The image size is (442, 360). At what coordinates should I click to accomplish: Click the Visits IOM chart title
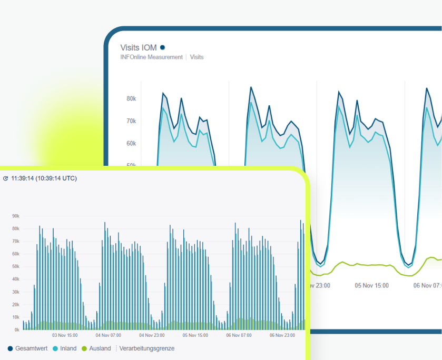[139, 48]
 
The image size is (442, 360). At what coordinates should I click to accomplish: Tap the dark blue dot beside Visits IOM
[163, 48]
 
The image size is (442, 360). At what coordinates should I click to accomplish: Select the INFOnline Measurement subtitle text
[152, 57]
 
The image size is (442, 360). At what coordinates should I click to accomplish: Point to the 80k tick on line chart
[131, 98]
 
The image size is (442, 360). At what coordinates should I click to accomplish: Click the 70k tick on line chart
[131, 121]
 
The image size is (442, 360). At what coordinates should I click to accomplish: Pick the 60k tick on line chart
[131, 143]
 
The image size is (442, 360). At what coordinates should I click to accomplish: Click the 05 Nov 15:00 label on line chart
[371, 285]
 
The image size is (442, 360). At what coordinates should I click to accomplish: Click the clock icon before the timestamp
[6, 178]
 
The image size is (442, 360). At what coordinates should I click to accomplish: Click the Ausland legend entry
[96, 348]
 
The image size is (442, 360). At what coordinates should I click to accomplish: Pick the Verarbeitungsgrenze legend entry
[146, 348]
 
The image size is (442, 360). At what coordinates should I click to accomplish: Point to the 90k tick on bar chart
[16, 216]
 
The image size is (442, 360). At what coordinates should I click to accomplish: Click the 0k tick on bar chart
[17, 330]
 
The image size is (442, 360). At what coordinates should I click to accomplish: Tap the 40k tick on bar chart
[16, 279]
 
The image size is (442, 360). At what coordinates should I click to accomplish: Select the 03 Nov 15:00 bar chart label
[65, 335]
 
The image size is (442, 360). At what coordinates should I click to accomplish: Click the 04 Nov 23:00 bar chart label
[152, 335]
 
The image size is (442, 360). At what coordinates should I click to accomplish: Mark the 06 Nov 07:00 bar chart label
[239, 335]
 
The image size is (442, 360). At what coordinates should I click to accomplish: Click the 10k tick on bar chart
[16, 317]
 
